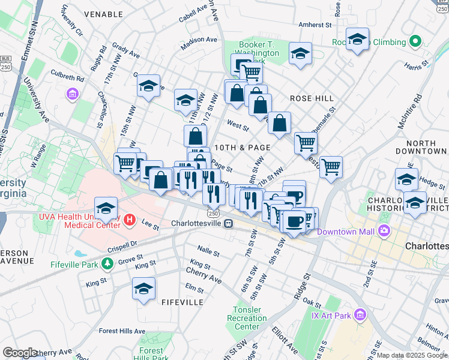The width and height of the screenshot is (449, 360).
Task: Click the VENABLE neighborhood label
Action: tap(103, 13)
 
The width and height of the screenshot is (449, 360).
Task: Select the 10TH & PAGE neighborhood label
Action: tap(242, 147)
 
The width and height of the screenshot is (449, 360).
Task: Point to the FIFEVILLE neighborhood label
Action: tap(182, 302)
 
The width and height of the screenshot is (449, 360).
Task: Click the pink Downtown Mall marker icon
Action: tap(384, 231)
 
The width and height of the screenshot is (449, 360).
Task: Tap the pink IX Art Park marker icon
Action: tap(360, 314)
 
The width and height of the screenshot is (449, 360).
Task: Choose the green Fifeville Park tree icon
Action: tap(107, 263)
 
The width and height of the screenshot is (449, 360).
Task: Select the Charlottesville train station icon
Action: tap(228, 223)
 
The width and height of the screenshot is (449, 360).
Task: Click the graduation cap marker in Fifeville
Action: tap(144, 289)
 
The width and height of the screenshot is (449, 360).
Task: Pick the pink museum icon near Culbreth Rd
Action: tap(73, 94)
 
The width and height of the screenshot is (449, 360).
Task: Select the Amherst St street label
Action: tap(315, 25)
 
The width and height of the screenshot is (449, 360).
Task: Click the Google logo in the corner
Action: tap(20, 353)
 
